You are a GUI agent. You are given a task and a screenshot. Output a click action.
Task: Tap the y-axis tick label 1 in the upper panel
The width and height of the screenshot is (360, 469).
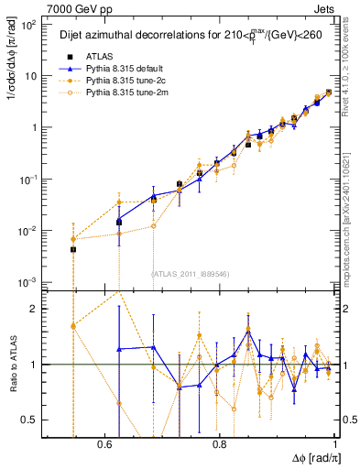[35, 126]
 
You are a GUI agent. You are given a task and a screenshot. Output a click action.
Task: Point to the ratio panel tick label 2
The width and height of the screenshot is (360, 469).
[35, 309]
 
